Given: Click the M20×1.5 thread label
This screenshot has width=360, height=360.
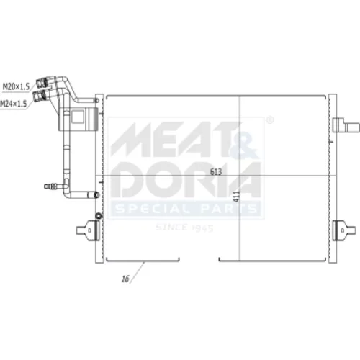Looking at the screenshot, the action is coord(16,86).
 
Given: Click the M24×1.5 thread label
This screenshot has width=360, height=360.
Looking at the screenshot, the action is coord(13,104).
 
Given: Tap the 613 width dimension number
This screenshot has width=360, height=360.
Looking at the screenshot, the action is coord(216,171).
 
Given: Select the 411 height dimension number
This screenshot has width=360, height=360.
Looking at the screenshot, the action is coord(237,197).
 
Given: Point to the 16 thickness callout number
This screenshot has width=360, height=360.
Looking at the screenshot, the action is coord(125,279).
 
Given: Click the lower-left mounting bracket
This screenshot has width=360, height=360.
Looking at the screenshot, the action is coord(89,230).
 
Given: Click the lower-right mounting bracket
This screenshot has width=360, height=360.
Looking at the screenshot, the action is coord(344,230).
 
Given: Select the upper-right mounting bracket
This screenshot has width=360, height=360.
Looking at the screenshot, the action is coord(346,125).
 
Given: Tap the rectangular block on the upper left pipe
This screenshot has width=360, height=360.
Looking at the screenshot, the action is coord(78,119).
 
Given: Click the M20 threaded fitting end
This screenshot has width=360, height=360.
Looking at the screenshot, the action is coord(41,84).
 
